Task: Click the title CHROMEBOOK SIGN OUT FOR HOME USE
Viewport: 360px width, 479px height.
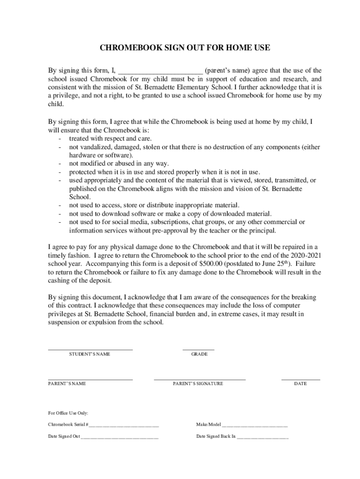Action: click(185, 48)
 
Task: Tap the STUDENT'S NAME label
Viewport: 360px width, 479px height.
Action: click(90, 354)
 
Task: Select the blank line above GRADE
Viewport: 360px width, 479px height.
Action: click(198, 349)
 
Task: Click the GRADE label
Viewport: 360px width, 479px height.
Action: click(199, 354)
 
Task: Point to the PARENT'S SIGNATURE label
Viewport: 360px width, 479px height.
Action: click(198, 384)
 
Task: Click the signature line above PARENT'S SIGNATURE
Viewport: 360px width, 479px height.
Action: click(200, 378)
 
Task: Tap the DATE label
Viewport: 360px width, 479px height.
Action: click(300, 384)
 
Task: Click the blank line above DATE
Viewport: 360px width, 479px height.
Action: click(301, 379)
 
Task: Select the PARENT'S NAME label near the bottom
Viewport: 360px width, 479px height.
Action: click(67, 384)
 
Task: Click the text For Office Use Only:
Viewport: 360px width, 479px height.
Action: click(68, 413)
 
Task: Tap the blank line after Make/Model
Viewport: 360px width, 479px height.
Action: click(255, 426)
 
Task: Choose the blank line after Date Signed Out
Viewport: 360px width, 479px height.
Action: click(120, 438)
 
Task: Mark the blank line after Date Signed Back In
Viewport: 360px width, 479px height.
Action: click(263, 438)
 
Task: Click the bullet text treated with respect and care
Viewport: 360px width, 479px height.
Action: click(110, 138)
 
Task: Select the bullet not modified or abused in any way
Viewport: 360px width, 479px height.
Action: click(119, 163)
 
